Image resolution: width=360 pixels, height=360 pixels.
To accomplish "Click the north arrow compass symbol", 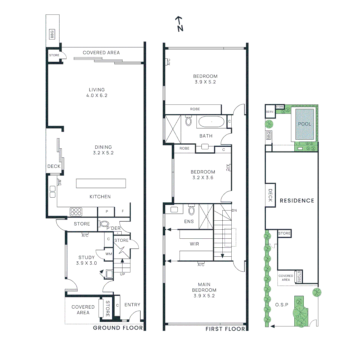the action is click(x=180, y=24).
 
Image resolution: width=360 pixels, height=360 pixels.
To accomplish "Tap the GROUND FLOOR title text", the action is click(x=118, y=328).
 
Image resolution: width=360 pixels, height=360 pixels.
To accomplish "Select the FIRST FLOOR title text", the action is click(x=225, y=329).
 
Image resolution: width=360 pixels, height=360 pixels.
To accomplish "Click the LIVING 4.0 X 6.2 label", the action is click(x=97, y=93).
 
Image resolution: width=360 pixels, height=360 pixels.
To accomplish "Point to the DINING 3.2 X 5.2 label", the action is click(x=103, y=150).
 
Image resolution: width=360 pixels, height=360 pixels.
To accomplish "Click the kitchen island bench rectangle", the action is click(x=101, y=183).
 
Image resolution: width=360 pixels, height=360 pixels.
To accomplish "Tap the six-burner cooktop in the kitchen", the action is click(x=76, y=212).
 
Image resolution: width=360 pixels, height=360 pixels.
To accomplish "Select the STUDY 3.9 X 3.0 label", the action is click(x=86, y=260).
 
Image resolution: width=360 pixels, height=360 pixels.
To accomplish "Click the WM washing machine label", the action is click(x=109, y=254).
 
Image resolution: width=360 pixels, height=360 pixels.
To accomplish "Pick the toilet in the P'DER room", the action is click(x=104, y=224).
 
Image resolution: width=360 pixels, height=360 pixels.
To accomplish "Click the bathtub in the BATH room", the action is click(x=211, y=122).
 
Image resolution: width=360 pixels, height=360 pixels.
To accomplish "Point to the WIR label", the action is click(x=194, y=244).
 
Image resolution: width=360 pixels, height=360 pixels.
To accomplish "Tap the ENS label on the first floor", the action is click(x=189, y=222).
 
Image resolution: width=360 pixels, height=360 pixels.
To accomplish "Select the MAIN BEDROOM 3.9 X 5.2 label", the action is click(x=204, y=290).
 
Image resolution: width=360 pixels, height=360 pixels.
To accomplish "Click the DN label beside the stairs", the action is click(x=234, y=210).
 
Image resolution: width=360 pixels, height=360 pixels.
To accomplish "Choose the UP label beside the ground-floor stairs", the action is click(x=122, y=274).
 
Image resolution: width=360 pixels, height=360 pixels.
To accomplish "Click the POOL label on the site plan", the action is click(x=304, y=124).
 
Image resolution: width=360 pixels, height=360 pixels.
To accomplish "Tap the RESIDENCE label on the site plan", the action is click(x=297, y=201).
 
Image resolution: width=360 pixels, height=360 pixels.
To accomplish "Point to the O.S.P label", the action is click(x=282, y=305).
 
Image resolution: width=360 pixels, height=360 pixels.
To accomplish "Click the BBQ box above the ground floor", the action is click(x=52, y=34).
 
